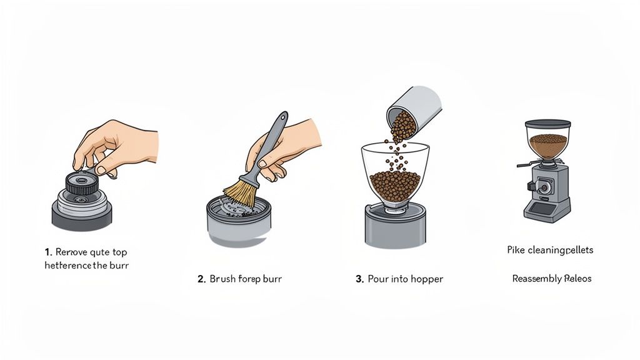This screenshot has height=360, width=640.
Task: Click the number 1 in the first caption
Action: click(x=47, y=252)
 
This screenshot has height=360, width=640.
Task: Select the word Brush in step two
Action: click(x=223, y=279)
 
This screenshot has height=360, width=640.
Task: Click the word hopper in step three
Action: click(x=426, y=279)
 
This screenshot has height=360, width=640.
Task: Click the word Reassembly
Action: click(x=536, y=279)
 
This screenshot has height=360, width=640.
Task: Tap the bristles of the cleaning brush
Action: click(x=241, y=193)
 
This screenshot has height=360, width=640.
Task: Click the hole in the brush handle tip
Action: click(x=284, y=117)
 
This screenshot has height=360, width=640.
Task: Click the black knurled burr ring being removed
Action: click(x=82, y=184)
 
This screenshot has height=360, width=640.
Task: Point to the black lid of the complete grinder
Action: click(x=547, y=124)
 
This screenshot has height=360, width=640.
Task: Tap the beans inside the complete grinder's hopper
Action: click(x=548, y=145)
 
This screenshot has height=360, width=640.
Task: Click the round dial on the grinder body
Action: click(x=542, y=186)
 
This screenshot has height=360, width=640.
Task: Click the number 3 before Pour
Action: click(x=359, y=279)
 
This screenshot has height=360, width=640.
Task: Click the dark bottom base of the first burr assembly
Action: click(x=82, y=219)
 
